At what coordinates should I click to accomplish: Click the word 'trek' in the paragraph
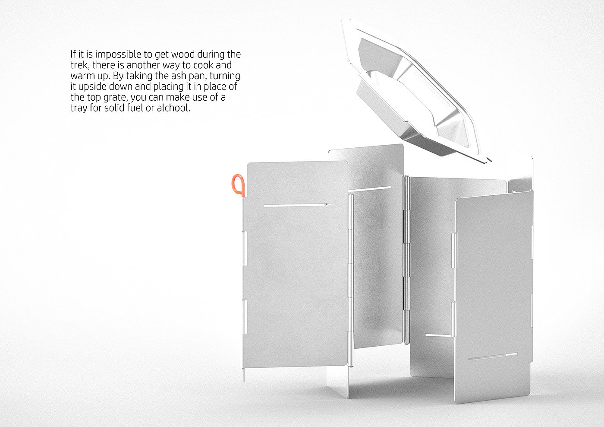coord(79,65)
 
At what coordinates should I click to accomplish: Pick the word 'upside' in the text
coord(94,87)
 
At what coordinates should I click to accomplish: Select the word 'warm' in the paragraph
coord(82,76)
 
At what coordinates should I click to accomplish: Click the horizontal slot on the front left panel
coord(297,205)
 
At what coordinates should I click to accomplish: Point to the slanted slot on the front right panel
coord(493,357)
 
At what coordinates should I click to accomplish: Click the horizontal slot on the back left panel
coord(370,189)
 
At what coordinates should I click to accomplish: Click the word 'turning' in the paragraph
coord(225,76)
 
